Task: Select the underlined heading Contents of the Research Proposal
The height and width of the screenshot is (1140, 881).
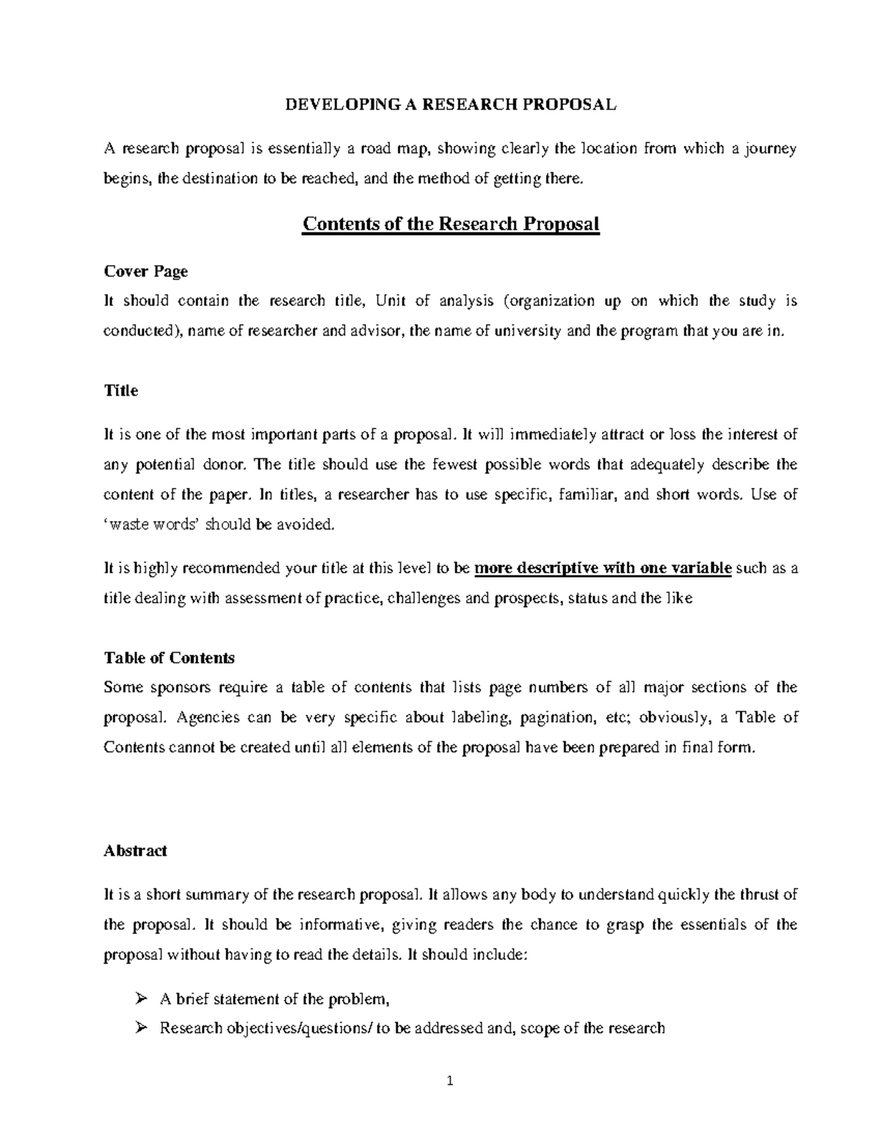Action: click(451, 223)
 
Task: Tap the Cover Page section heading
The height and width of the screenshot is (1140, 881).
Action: click(145, 272)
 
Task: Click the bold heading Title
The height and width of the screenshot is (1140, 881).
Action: click(121, 391)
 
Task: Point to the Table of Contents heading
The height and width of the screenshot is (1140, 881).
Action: click(169, 658)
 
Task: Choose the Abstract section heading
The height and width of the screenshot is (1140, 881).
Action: click(135, 851)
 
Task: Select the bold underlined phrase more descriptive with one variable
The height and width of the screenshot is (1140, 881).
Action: click(603, 569)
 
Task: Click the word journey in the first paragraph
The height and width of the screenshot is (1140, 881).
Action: click(771, 149)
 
